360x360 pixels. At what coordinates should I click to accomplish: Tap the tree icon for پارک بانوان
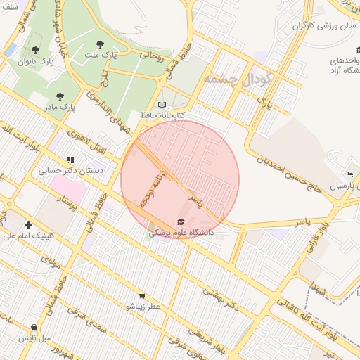tap(35, 50)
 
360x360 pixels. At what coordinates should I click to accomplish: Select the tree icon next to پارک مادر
tap(59, 96)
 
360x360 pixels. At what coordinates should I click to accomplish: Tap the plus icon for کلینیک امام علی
tap(28, 224)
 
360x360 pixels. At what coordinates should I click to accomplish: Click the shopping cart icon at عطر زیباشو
tap(142, 296)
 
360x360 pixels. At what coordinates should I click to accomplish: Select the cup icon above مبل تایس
tap(34, 327)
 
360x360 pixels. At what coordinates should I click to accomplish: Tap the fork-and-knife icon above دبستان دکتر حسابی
tap(70, 160)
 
